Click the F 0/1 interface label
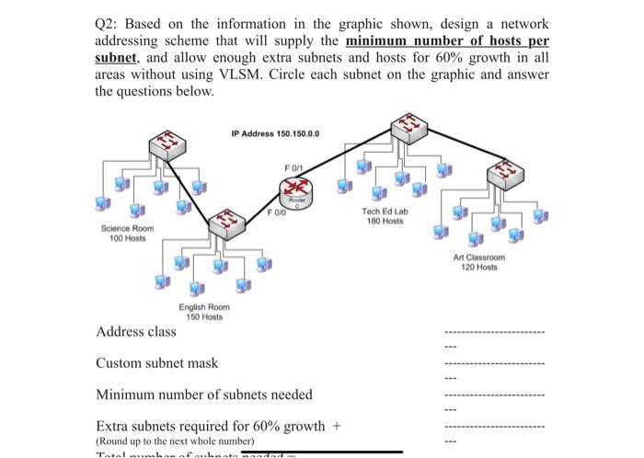(293, 166)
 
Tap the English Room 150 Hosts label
(205, 312)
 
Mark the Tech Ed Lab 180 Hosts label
(385, 216)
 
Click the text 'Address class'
(136, 331)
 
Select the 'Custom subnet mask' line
(157, 362)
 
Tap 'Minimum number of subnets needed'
(204, 395)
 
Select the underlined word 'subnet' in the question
(115, 57)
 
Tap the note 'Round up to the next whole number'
(174, 441)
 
